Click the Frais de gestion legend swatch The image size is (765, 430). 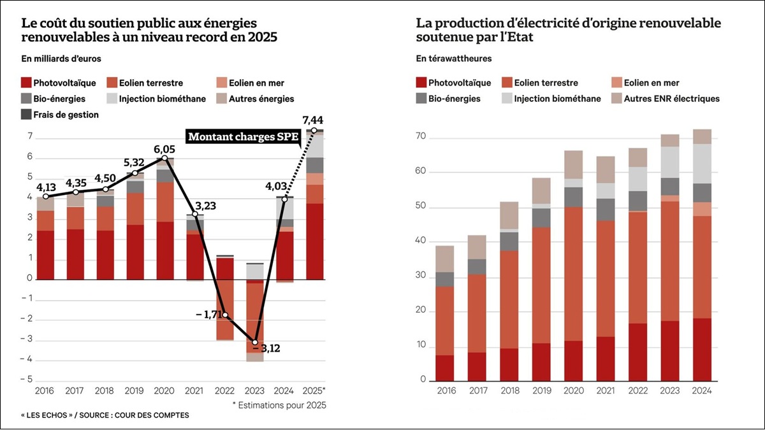click(26, 115)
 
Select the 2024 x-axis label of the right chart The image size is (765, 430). click(701, 390)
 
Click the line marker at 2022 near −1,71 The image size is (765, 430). click(224, 315)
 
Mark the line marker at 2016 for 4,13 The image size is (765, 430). click(45, 197)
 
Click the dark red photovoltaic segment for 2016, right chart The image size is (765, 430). click(444, 367)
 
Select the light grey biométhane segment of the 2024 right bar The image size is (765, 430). click(701, 164)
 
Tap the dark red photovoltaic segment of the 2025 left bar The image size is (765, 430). click(315, 241)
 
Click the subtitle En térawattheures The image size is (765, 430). click(454, 59)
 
